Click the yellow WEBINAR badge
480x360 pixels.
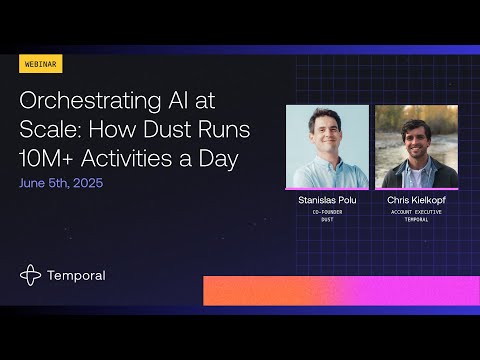(40, 64)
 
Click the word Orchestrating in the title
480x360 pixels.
(82, 101)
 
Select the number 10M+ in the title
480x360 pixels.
(50, 159)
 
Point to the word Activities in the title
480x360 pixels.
(140, 159)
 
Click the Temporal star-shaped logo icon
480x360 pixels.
(31, 275)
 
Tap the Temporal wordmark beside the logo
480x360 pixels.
(75, 275)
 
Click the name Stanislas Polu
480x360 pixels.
(327, 201)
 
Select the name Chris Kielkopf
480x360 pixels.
(416, 201)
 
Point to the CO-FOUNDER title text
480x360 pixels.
(327, 214)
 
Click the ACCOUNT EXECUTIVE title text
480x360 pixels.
(416, 214)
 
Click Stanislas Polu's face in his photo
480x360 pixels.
(326, 135)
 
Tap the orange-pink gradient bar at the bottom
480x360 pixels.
(340, 290)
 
